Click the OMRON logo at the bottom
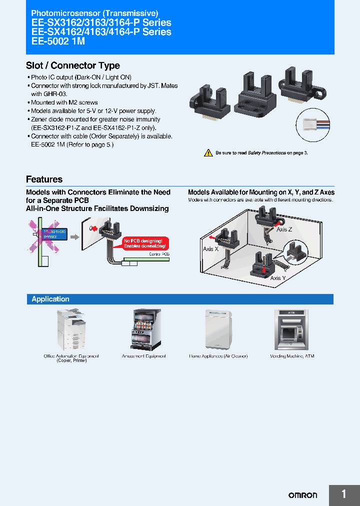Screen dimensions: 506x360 click(x=302, y=495)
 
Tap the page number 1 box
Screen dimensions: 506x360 click(x=344, y=495)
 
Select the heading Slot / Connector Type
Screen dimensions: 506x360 click(x=73, y=65)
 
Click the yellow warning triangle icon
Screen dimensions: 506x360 click(x=208, y=153)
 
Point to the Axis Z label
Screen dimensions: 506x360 click(x=284, y=229)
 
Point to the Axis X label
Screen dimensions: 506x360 click(x=210, y=248)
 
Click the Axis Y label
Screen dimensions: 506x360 click(x=278, y=278)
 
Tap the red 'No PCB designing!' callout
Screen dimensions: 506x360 click(x=146, y=243)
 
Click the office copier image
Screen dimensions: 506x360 click(x=71, y=329)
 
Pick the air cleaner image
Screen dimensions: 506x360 click(x=218, y=329)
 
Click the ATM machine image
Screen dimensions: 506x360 click(x=291, y=329)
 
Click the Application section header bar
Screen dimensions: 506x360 click(x=180, y=299)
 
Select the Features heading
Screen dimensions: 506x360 click(x=44, y=179)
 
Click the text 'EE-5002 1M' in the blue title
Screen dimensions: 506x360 click(x=58, y=42)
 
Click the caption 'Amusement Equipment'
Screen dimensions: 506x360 click(x=143, y=356)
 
